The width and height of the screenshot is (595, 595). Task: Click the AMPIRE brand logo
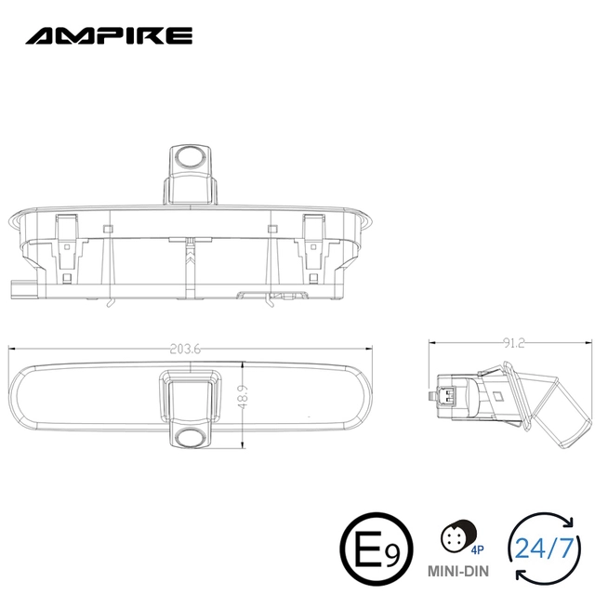click(x=109, y=36)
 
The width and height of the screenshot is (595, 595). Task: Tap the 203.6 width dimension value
click(x=186, y=350)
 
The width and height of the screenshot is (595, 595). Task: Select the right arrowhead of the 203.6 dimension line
click(x=371, y=350)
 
